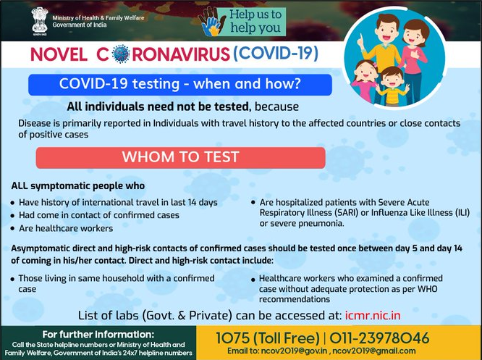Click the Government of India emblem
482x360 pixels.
(40, 21)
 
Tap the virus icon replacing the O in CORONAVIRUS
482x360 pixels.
(121, 54)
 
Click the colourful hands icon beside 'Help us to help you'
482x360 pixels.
(209, 22)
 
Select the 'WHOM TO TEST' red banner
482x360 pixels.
(180, 157)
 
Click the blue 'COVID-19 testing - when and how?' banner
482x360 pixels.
(179, 84)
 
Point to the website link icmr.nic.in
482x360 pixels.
(373, 315)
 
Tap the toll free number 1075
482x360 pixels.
(232, 338)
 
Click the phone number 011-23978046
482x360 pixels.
(379, 338)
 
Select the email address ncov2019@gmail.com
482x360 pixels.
(373, 351)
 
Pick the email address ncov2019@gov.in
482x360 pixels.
(294, 351)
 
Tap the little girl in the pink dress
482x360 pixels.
(365, 82)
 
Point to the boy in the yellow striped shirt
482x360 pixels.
(392, 86)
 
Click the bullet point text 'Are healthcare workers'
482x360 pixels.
(66, 228)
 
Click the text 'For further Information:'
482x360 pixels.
(98, 334)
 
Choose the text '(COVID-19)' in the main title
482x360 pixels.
(276, 53)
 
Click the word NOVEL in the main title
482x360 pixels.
(59, 54)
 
